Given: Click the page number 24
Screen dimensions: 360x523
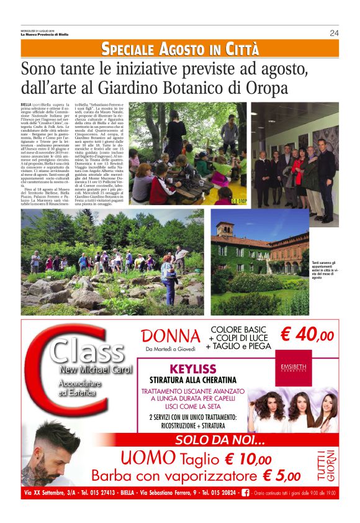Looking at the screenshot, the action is tap(334, 33).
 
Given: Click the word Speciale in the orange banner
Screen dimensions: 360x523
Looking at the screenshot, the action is tap(128, 48).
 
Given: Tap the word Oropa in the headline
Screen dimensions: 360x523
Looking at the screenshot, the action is tap(271, 87).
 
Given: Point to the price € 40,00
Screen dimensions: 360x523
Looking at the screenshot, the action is tap(307, 335).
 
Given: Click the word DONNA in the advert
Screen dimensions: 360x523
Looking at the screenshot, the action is tap(171, 336).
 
